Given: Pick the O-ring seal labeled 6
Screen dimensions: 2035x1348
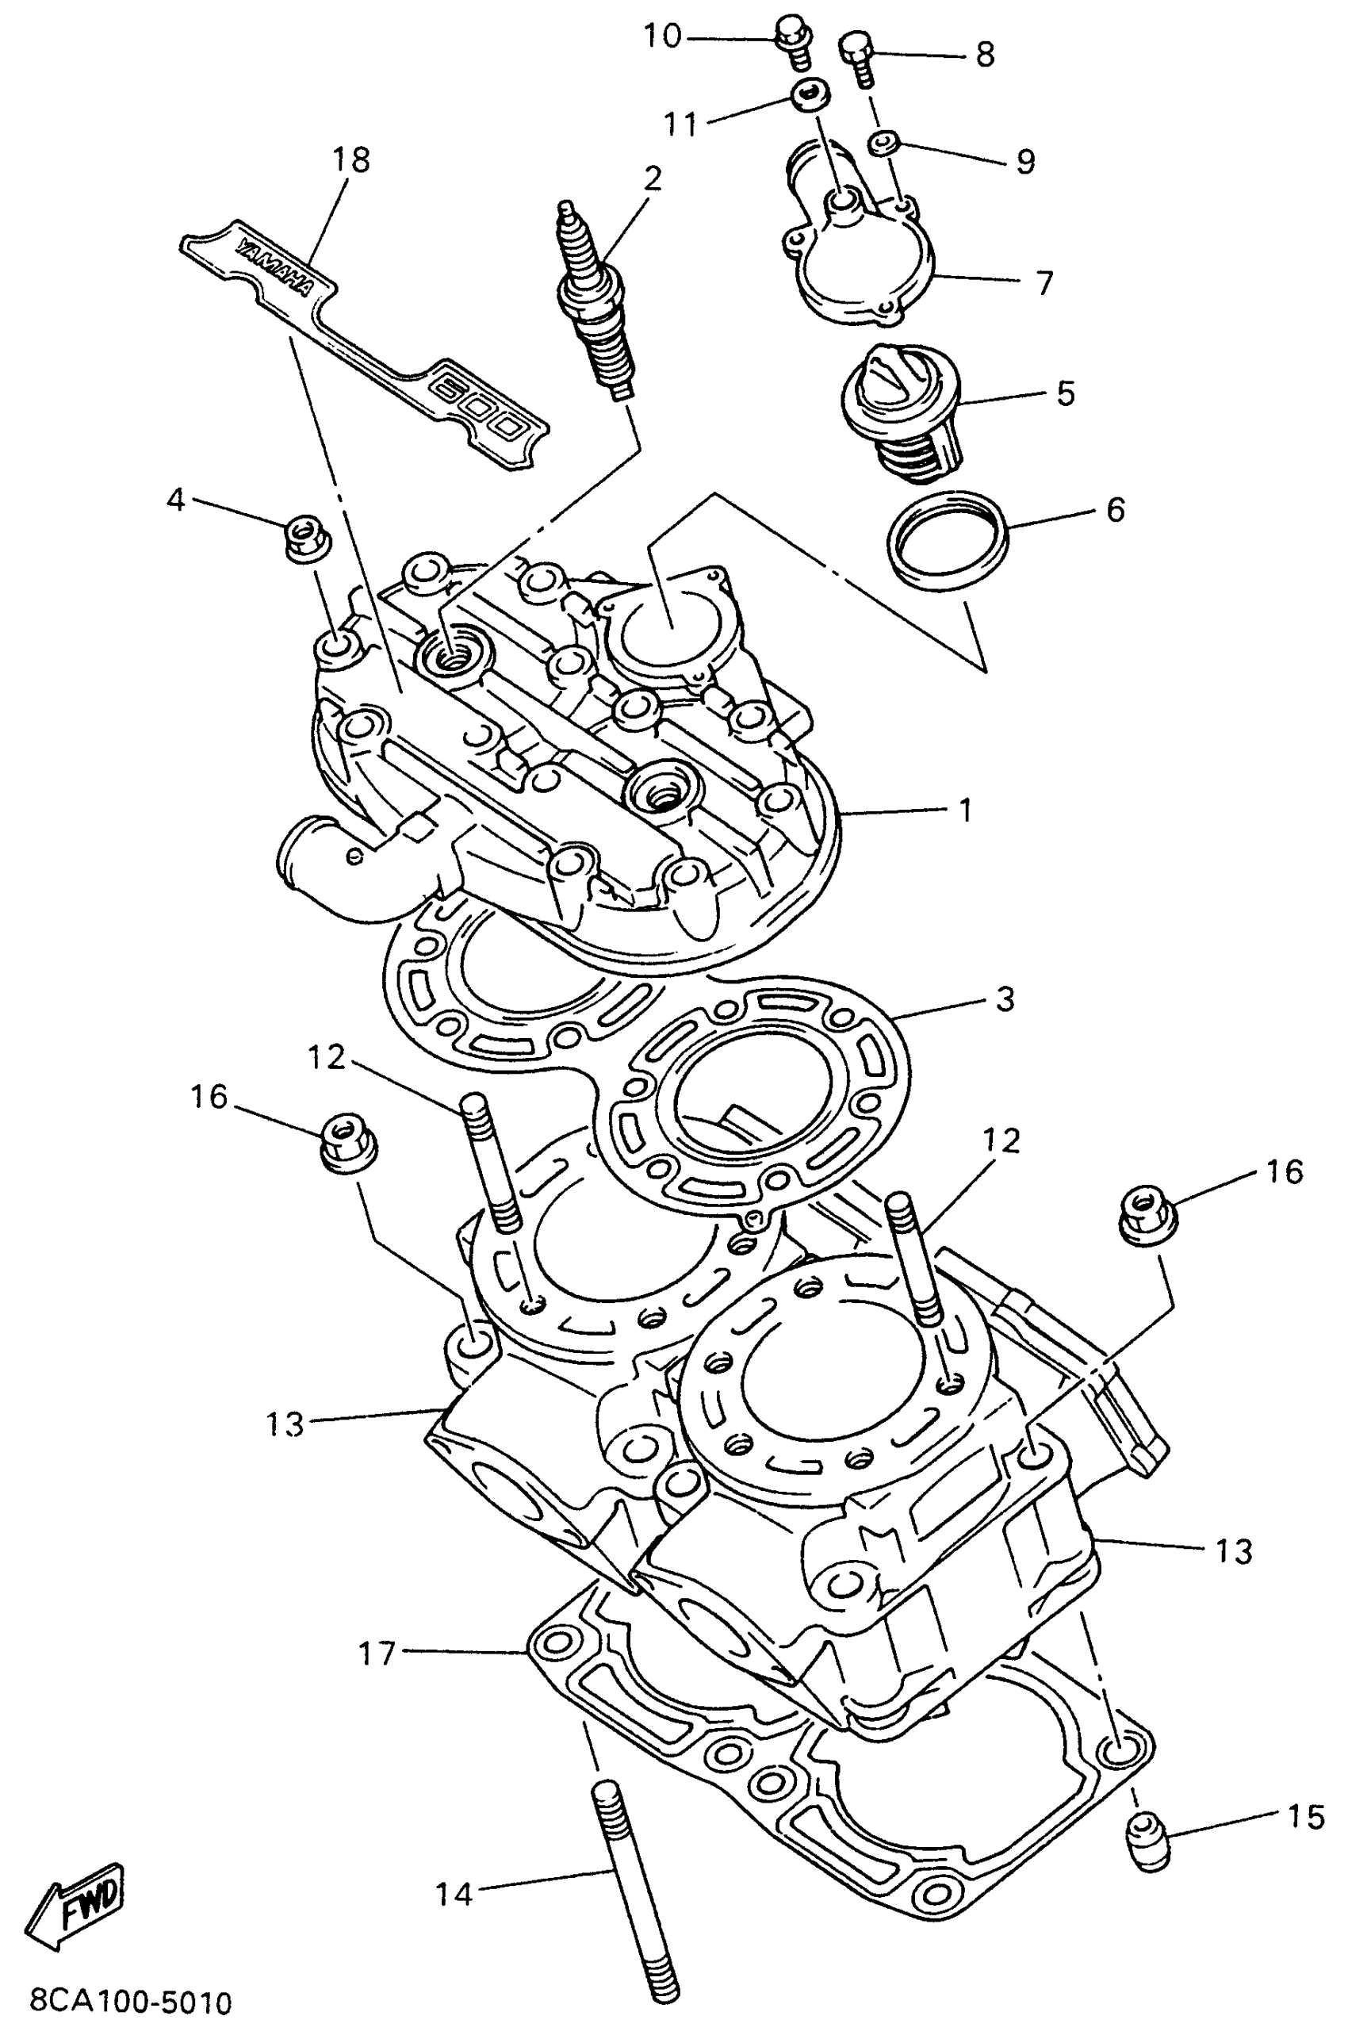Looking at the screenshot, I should pos(948,540).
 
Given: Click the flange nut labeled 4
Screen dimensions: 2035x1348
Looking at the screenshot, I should pos(301,538).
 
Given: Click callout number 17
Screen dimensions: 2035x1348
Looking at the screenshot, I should pos(377,1654).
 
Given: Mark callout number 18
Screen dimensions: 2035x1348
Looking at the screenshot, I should pos(350,159).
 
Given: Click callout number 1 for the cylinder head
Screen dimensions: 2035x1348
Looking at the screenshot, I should pos(967,810).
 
